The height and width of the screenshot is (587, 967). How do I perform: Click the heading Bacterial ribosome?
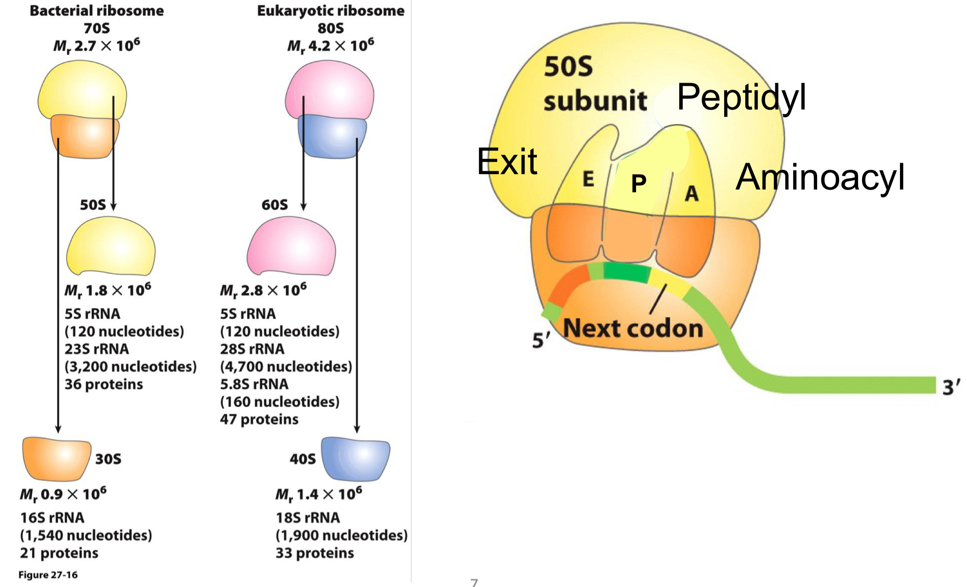pos(97,11)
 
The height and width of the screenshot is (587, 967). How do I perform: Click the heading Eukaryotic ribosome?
pos(330,11)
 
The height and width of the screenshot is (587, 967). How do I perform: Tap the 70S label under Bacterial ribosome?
pos(97,28)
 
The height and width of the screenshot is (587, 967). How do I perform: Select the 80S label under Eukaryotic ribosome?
pos(330,28)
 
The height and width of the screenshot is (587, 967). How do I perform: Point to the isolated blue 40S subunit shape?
pos(356,458)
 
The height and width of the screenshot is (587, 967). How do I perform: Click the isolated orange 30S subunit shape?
pos(56,458)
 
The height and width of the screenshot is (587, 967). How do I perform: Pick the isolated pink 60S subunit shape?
pos(291,246)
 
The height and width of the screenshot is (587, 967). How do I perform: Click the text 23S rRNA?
pos(97,349)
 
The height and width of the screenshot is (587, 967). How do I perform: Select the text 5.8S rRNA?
pos(254,384)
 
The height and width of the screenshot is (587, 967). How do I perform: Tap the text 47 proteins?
pos(259,419)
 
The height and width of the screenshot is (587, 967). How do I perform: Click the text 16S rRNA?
pos(52,518)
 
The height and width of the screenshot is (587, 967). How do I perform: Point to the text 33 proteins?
pos(314,553)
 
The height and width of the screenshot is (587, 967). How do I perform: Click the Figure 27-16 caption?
pos(48,575)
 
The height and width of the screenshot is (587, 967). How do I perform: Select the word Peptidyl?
pos(741,97)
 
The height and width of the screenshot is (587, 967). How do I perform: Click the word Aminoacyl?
pos(820,177)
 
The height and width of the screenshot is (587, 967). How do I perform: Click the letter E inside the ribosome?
pos(588,179)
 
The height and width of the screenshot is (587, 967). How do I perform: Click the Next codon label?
pos(633,328)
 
